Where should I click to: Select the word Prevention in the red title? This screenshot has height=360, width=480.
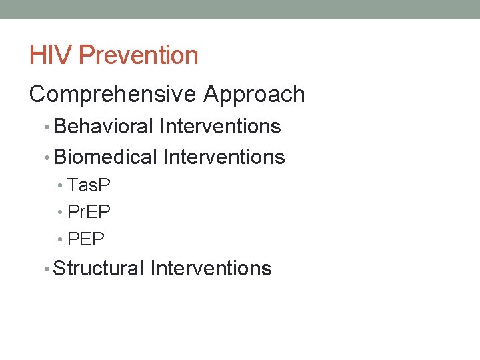pyautogui.click(x=138, y=55)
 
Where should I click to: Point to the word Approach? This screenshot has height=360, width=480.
pyautogui.click(x=254, y=95)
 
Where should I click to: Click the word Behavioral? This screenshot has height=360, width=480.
pyautogui.click(x=106, y=126)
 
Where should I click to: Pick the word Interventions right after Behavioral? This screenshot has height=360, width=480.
pyautogui.click(x=221, y=126)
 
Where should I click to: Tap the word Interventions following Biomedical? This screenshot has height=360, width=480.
pyautogui.click(x=224, y=157)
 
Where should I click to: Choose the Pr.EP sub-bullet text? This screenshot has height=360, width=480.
pyautogui.click(x=89, y=212)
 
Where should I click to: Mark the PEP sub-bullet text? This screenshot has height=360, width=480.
pyautogui.click(x=86, y=239)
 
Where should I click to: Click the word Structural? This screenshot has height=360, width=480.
pyautogui.click(x=99, y=269)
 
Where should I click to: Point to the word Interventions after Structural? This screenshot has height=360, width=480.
pyautogui.click(x=211, y=269)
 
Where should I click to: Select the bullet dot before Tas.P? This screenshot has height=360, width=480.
pyautogui.click(x=61, y=186)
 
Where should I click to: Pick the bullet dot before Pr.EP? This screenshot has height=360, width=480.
pyautogui.click(x=61, y=213)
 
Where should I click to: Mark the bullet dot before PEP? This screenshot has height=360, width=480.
pyautogui.click(x=61, y=239)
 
